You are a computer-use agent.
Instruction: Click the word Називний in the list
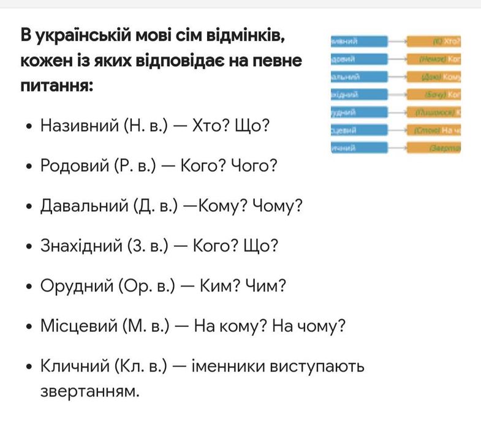[x=78, y=127]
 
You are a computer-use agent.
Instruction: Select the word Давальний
[x=81, y=206]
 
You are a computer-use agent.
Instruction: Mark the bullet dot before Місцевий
[x=29, y=327]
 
